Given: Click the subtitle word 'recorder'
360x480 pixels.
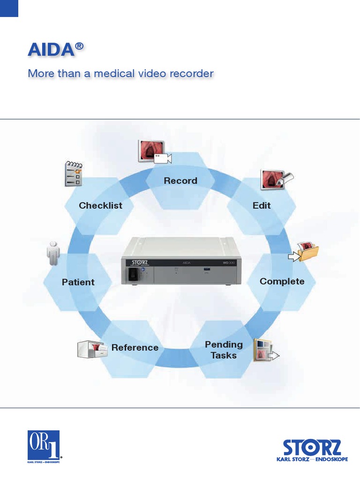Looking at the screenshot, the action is pyautogui.click(x=192, y=74).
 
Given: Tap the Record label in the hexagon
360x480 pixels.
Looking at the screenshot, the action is pyautogui.click(x=180, y=180).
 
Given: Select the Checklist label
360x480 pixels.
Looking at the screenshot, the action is pyautogui.click(x=100, y=205).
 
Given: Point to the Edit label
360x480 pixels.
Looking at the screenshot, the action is pyautogui.click(x=262, y=205).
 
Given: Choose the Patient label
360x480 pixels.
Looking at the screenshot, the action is pyautogui.click(x=78, y=282).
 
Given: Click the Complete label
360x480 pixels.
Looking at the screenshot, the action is pyautogui.click(x=282, y=281).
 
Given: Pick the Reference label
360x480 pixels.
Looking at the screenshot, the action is pyautogui.click(x=135, y=348).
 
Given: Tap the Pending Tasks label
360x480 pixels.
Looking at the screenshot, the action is pyautogui.click(x=224, y=350).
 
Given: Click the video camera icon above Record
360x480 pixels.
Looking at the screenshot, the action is pyautogui.click(x=155, y=152).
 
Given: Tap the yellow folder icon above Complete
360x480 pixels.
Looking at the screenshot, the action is pyautogui.click(x=305, y=252).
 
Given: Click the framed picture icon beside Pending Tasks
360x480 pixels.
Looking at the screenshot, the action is pyautogui.click(x=265, y=351).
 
